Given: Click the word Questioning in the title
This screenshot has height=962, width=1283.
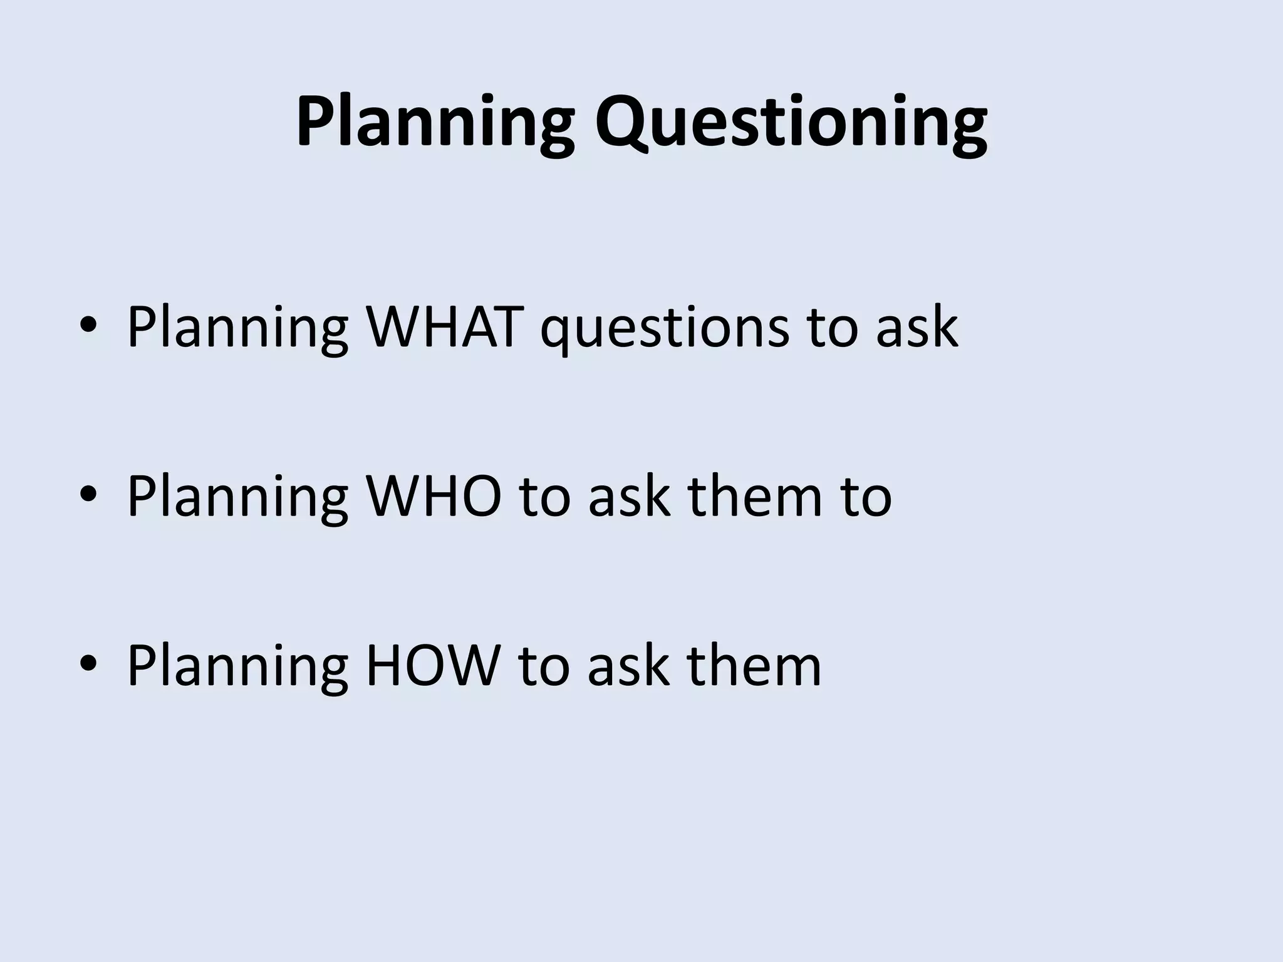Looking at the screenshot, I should click(791, 122).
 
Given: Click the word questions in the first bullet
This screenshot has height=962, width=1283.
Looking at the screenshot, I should click(664, 329).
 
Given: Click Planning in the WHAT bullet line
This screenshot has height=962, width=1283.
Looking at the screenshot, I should click(237, 329).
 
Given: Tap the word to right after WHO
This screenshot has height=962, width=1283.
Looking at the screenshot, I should click(545, 497).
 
